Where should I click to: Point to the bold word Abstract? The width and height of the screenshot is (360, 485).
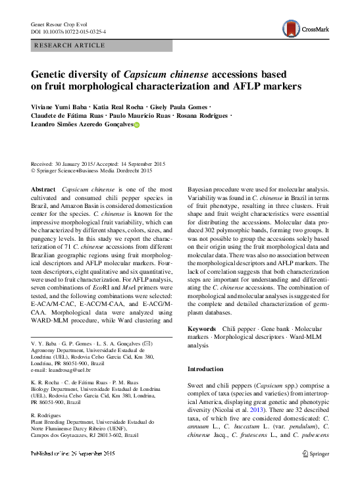click(x=43, y=190)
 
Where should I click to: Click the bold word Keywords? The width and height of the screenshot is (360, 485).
click(x=201, y=328)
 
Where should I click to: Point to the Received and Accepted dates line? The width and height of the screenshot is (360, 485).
click(x=98, y=164)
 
